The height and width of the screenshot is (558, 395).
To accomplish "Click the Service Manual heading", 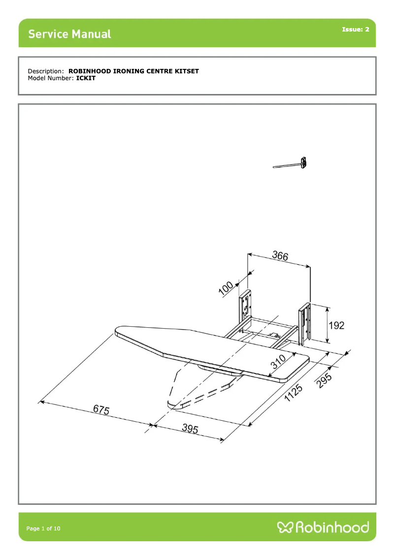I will (69, 34).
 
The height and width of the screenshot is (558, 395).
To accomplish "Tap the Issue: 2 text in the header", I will (355, 30).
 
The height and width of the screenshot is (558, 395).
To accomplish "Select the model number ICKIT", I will (86, 78).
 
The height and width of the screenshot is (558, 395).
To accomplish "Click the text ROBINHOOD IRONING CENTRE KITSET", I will (133, 71).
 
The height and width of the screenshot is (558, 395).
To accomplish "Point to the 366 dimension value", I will (280, 256).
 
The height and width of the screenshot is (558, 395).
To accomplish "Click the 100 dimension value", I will (227, 288).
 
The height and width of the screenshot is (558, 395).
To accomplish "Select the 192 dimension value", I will (336, 325).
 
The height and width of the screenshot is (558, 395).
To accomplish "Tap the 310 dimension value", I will (278, 363).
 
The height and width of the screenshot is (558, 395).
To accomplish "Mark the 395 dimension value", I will (190, 429).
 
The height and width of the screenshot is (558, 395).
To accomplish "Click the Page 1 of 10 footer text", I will (43, 528).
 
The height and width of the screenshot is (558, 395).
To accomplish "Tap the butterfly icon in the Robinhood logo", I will (285, 527).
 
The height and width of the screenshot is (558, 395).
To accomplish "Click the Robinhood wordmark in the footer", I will (332, 527).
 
